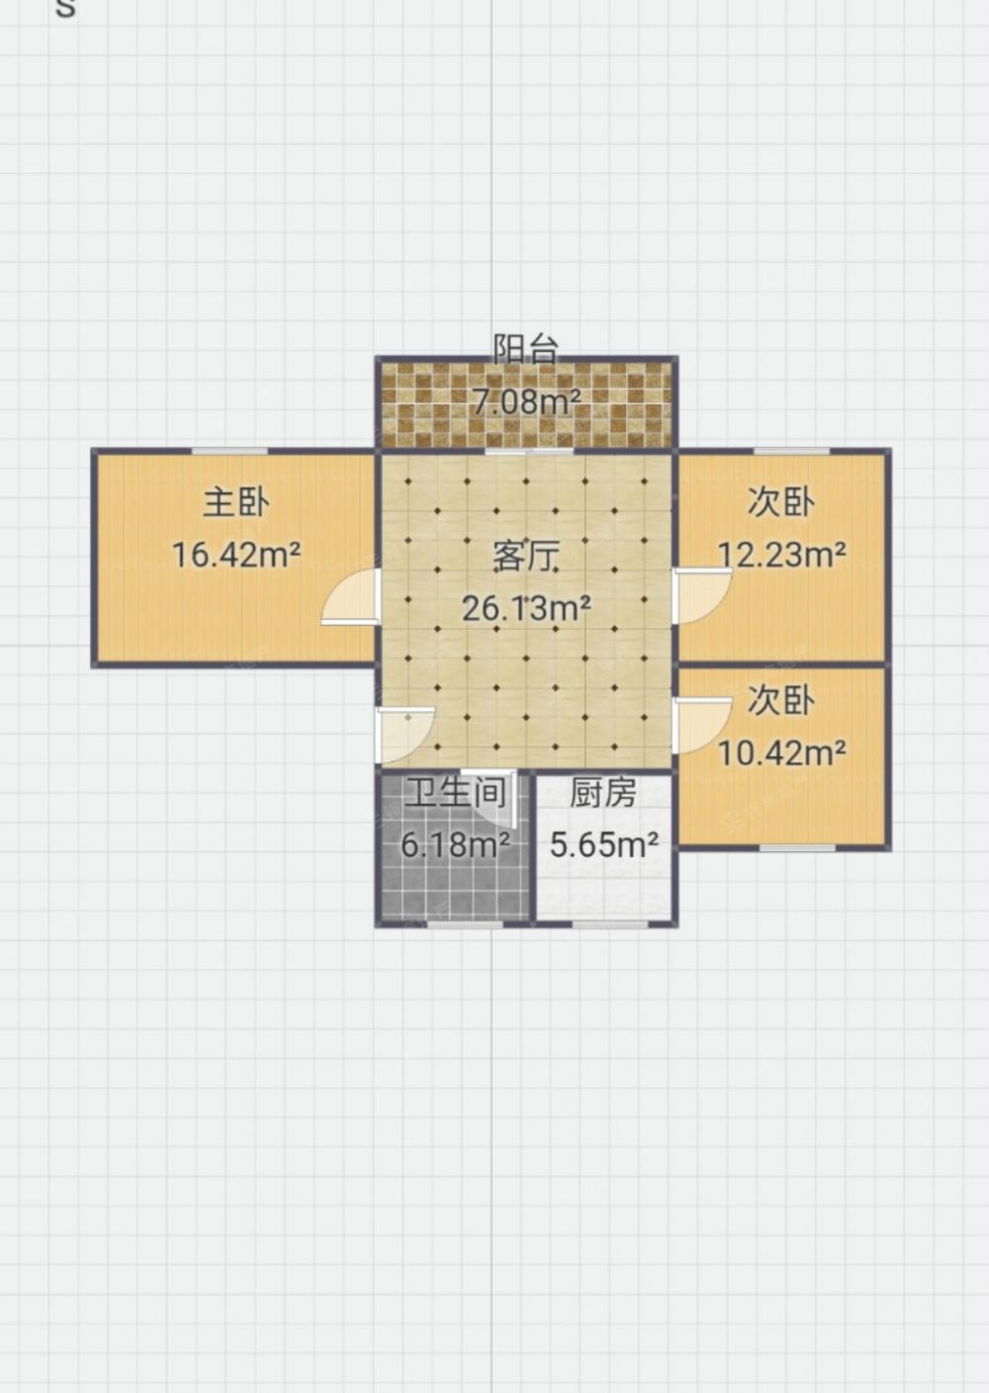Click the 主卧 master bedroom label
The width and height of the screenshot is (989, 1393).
pos(236,502)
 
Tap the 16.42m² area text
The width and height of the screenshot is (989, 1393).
pos(236,555)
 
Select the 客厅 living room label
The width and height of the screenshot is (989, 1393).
pos(526,556)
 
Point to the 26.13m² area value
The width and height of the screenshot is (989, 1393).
pos(526,608)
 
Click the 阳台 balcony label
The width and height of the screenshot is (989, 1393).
pos(526,349)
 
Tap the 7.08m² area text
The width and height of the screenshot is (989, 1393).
pos(527,401)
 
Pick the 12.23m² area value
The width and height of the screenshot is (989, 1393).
pos(782,554)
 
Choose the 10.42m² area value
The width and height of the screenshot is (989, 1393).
pos(782,753)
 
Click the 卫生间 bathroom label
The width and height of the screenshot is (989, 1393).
pos(455,793)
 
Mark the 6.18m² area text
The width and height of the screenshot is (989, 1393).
pos(455,844)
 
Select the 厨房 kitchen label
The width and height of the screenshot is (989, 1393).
pos(603,793)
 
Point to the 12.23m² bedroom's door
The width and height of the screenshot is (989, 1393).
pos(701,596)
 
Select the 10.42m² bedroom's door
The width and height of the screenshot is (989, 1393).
pos(701,726)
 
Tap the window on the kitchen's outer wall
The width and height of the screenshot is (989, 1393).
pos(609,924)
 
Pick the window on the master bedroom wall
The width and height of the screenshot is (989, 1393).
pos(229,451)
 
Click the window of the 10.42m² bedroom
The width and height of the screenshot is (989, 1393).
pos(797,848)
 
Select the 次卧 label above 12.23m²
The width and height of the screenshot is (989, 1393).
pos(781,502)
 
